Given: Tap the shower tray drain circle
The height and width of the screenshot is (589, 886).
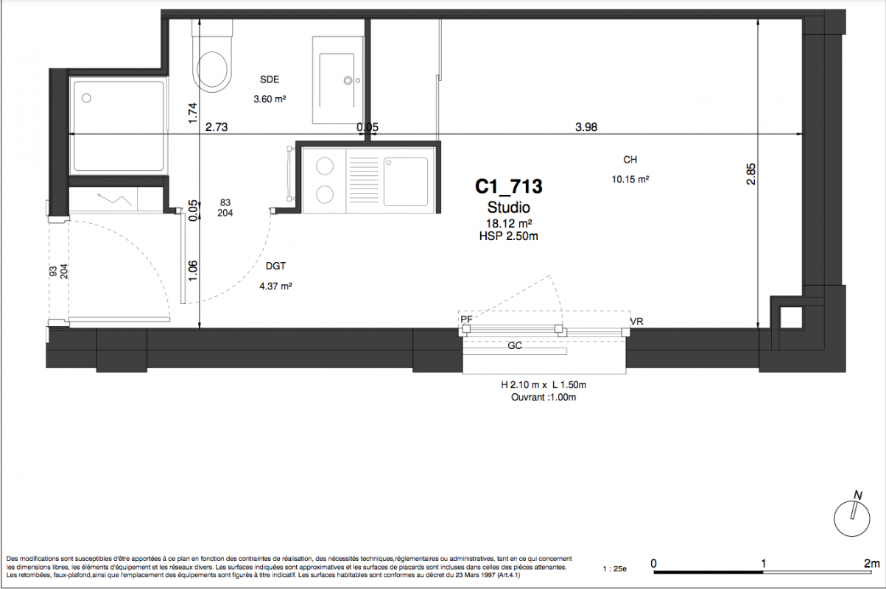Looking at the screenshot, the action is click(x=86, y=98).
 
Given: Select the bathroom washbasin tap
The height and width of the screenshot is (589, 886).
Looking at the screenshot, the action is click(x=348, y=81).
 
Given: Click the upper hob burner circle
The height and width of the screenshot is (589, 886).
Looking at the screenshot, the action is click(x=325, y=166).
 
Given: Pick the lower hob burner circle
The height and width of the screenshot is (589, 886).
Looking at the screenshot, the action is click(x=325, y=194).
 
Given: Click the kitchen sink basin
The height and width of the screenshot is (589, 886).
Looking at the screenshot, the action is click(x=406, y=182).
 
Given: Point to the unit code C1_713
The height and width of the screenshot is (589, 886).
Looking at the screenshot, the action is click(x=509, y=186).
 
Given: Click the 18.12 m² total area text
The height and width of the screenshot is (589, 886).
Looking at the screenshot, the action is click(x=509, y=223).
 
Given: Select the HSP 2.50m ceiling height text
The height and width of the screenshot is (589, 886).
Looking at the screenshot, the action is click(x=509, y=236).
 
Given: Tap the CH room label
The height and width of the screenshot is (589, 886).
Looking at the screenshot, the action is click(x=630, y=160).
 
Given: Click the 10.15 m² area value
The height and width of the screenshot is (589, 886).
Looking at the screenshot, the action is click(x=630, y=180).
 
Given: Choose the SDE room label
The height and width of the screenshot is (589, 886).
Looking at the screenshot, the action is click(x=270, y=80).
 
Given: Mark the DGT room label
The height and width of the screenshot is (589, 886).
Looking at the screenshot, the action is click(x=275, y=266).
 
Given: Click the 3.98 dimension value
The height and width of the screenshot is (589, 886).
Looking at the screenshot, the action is click(x=586, y=127).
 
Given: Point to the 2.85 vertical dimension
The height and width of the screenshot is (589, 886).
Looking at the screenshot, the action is click(x=750, y=174).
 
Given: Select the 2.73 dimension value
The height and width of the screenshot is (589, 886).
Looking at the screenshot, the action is click(x=217, y=127).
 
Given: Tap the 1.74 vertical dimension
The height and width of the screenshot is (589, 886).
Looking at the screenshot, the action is click(x=192, y=113).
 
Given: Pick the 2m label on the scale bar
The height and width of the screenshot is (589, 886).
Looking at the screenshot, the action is click(x=871, y=563).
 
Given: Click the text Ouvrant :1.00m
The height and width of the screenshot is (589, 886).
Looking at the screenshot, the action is click(x=544, y=398).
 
